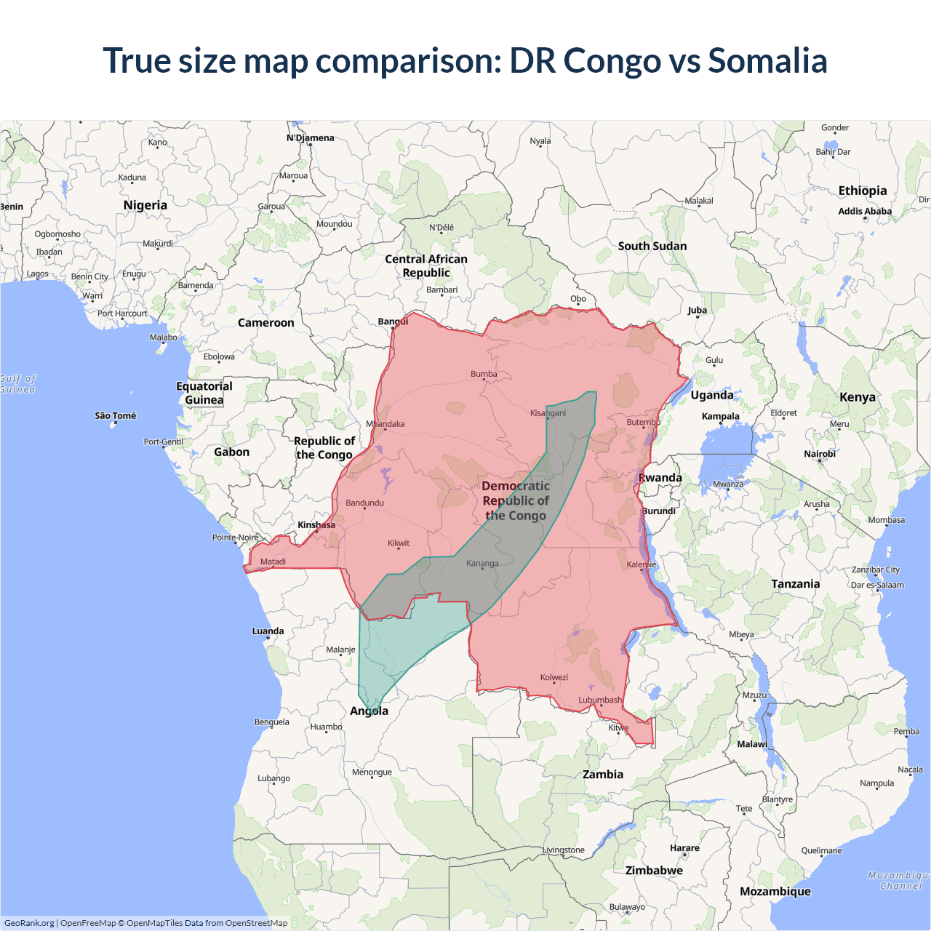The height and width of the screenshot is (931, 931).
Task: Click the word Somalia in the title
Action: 767,60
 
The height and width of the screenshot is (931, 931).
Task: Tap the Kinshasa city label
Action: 316,525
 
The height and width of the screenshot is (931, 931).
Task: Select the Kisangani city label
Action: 548,413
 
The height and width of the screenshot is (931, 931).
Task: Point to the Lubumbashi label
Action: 600,700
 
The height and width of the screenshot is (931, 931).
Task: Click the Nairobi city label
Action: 820,454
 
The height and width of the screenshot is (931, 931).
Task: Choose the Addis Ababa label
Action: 865,212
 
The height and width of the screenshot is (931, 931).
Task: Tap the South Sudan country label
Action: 652,247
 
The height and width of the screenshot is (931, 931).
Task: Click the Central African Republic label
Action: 426,265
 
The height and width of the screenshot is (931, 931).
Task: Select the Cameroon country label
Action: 266,323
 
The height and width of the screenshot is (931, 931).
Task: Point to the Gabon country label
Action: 231,452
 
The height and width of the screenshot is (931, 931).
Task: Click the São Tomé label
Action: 116,416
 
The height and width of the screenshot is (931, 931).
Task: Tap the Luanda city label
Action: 268,631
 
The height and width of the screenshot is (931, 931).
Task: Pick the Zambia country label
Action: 603,775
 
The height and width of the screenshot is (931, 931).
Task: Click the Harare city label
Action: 684,848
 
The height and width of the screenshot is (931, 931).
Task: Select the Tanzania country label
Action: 796,584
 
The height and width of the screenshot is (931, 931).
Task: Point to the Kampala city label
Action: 720,417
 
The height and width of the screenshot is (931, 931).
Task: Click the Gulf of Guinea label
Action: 17,384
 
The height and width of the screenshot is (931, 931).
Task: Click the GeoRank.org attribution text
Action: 29,923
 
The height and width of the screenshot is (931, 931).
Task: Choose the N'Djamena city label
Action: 310,138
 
